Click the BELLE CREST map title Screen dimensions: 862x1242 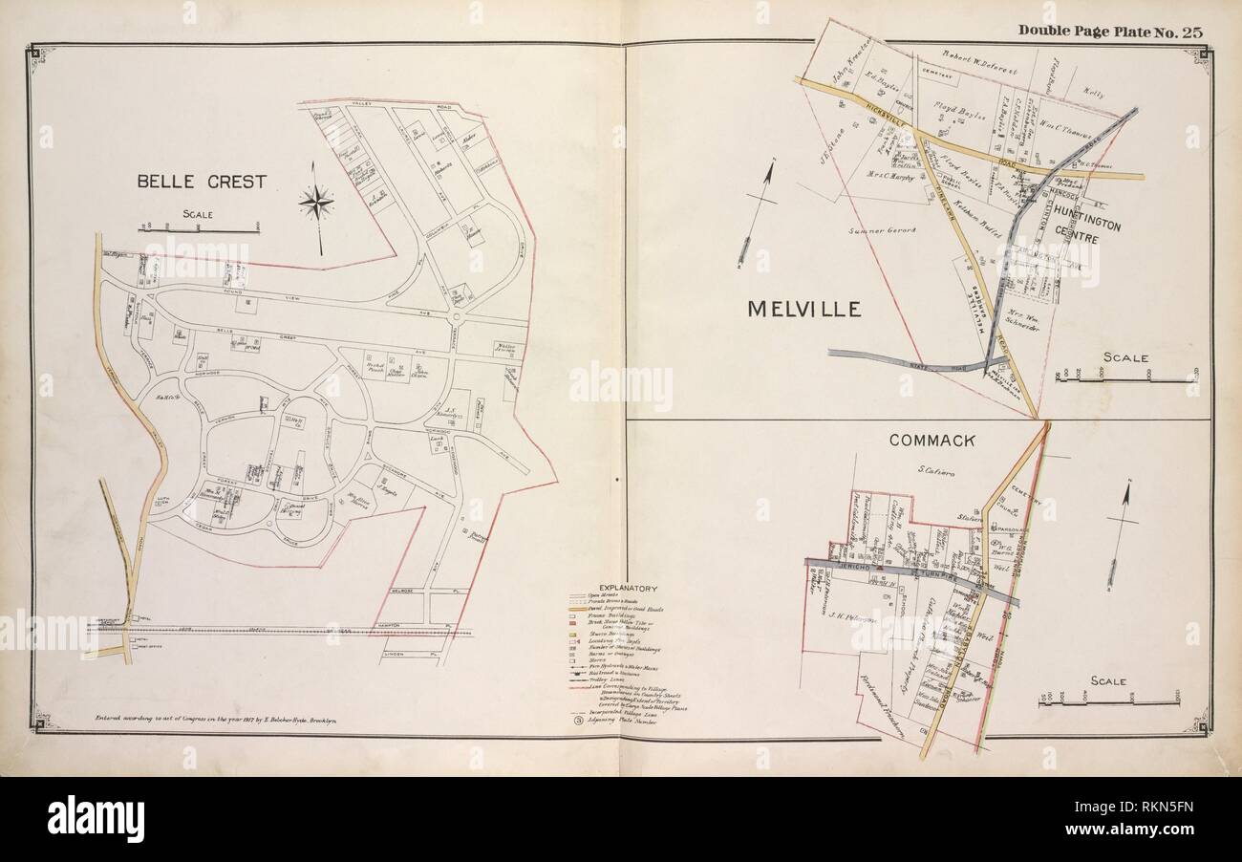click(x=200, y=181)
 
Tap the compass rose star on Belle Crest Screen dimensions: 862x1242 click(x=316, y=202)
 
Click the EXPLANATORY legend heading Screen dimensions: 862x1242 click(x=626, y=589)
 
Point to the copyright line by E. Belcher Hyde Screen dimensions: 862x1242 click(x=212, y=715)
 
